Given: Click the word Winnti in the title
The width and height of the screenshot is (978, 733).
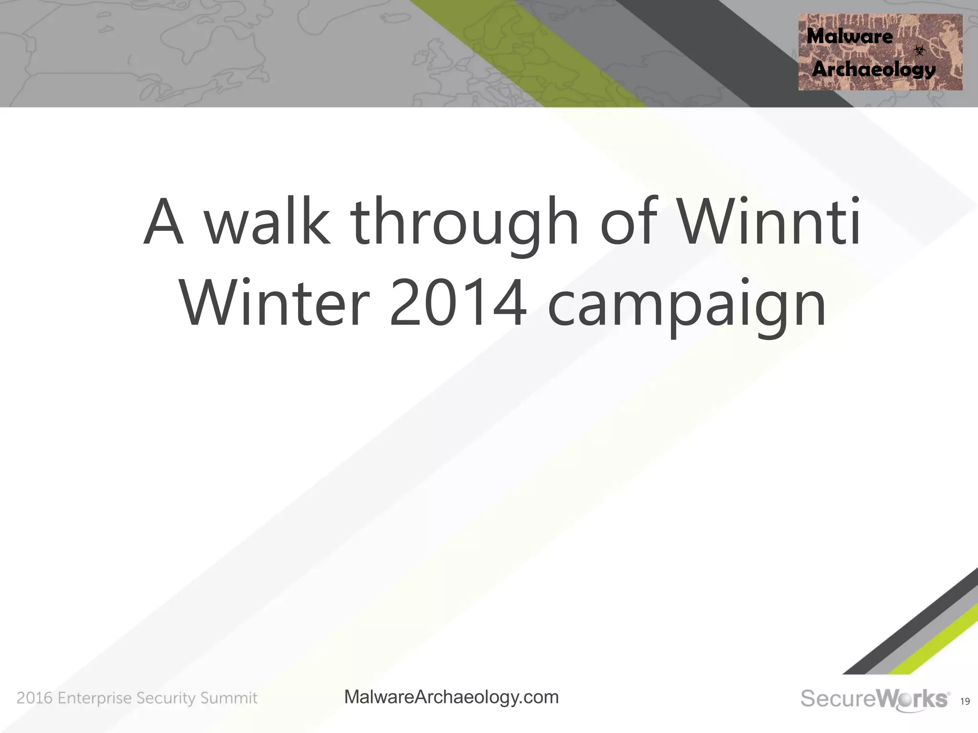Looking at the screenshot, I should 770,221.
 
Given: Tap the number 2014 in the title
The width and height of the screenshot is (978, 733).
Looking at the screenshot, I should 458,304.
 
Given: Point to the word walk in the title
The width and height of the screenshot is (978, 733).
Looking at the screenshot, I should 267,221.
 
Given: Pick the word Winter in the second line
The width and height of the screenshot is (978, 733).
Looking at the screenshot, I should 275,304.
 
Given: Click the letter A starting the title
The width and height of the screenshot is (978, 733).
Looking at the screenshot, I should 163,221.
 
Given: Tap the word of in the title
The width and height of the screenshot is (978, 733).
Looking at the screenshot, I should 629,221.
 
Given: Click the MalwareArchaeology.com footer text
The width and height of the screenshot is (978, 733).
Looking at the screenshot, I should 451,697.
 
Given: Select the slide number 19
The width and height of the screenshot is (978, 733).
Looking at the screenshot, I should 965,702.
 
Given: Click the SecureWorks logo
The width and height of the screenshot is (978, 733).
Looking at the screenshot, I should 874,699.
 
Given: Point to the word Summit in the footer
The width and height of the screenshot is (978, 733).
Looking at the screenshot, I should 229,698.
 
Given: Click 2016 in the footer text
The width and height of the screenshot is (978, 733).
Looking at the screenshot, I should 34,698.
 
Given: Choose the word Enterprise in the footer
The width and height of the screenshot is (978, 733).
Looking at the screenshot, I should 95,699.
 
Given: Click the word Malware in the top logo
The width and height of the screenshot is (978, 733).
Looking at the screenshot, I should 850,36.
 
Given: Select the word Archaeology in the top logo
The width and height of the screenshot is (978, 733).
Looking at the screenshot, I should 873,70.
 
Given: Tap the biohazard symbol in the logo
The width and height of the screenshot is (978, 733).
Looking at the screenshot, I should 919,50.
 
